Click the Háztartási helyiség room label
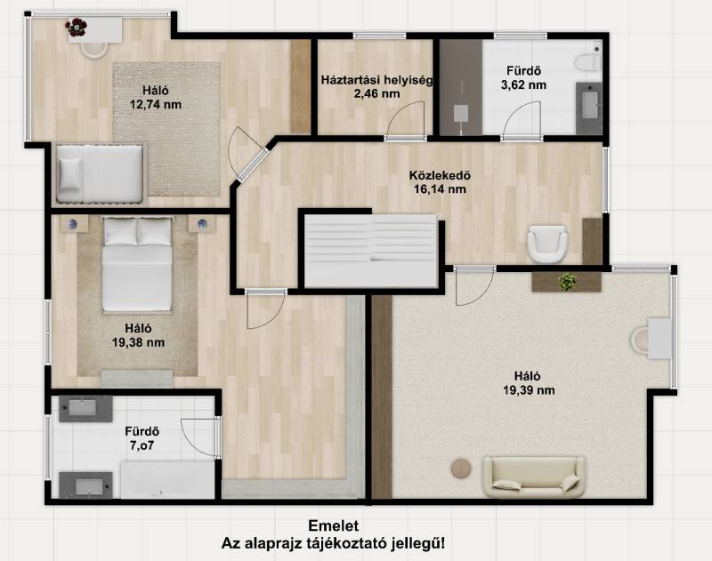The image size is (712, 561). (x=376, y=80)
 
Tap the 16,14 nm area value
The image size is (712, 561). (x=440, y=189)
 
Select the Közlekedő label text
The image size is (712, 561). (x=440, y=175)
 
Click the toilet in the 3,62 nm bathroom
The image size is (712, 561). (x=587, y=61)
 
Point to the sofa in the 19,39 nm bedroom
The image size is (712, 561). (x=533, y=477)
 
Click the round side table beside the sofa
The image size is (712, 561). (x=461, y=469)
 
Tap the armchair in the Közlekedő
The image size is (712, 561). (x=547, y=244)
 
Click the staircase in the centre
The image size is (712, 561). (x=370, y=251)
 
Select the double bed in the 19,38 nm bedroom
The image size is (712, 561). (x=137, y=264)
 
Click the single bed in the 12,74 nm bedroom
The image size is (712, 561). (x=100, y=173)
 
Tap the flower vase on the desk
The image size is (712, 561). (x=76, y=28)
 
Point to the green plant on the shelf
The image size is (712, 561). (x=568, y=282)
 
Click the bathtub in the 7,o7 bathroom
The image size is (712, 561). (x=167, y=480)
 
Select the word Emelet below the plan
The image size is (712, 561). (x=333, y=525)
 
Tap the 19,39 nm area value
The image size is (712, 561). (x=529, y=390)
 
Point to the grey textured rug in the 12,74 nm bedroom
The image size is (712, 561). (x=166, y=129)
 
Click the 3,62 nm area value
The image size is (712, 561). (x=523, y=84)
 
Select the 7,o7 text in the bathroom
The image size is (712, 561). (x=142, y=445)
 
